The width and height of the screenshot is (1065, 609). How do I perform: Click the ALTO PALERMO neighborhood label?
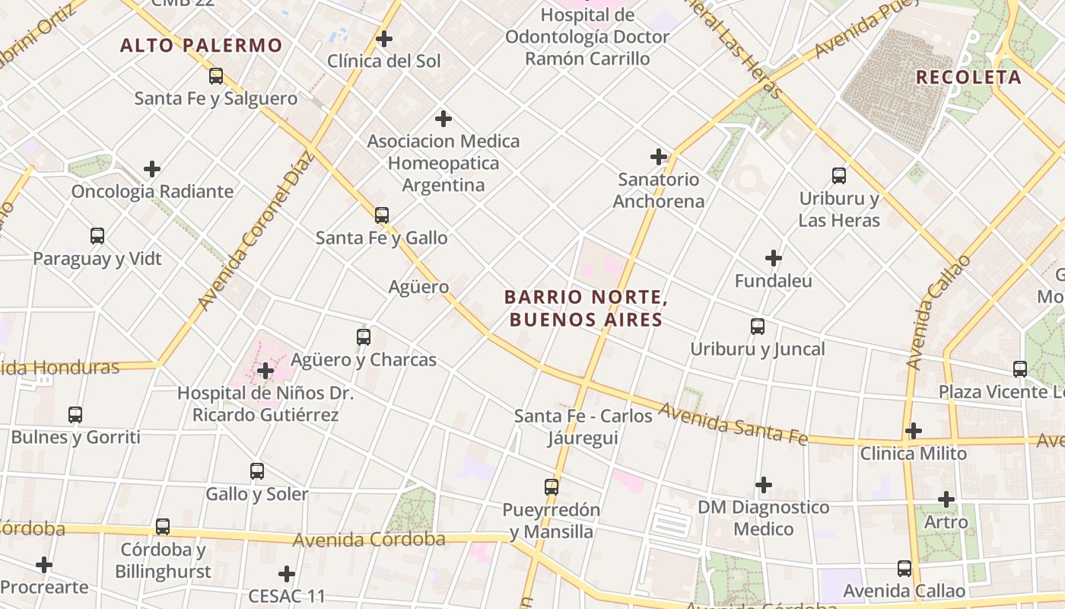coord(202,46)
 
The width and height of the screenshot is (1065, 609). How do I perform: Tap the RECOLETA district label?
coord(968,77)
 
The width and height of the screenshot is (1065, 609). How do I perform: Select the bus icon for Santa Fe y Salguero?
coord(216,76)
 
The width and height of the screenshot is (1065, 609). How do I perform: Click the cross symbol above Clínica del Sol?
coord(384,39)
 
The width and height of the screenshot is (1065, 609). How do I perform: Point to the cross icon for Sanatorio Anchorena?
coord(659,158)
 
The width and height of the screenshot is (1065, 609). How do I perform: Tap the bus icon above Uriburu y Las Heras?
coord(839,176)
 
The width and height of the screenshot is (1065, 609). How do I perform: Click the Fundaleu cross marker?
coord(774,258)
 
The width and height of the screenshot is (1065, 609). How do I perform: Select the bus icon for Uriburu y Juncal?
coord(758,327)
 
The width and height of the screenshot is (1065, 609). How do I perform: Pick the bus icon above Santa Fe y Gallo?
coord(382,215)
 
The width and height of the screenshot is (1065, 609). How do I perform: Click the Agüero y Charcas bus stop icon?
coord(364,336)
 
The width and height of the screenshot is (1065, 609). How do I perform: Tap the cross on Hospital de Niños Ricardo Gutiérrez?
coord(265,371)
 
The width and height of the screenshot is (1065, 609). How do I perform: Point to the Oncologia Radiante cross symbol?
coord(152,169)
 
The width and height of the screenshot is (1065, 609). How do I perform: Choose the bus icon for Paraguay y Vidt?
coord(97,236)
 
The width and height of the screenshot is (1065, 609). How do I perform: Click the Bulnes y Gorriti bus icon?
coord(75,415)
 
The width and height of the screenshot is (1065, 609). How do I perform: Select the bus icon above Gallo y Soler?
coord(257,471)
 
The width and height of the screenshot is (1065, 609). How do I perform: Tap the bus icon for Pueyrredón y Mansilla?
coord(552,487)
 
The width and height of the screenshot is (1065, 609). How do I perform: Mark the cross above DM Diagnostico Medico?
coord(764,485)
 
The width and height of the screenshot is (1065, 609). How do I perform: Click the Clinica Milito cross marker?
coord(914,431)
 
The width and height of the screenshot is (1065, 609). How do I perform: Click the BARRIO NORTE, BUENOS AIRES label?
coord(586,308)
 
